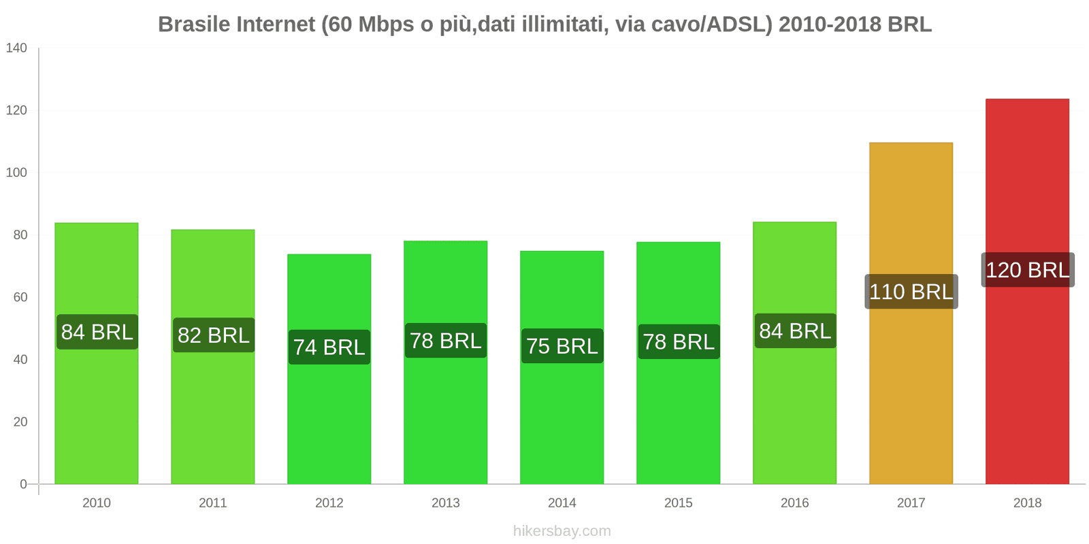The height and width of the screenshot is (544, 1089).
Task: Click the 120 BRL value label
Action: pyautogui.click(x=1027, y=270)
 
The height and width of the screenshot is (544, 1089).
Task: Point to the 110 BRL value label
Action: pyautogui.click(x=911, y=292)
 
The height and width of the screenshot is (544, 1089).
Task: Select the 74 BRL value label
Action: pyautogui.click(x=329, y=347)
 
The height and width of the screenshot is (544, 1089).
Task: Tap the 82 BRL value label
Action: pyautogui.click(x=213, y=335)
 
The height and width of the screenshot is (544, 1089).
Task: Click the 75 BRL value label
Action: pyautogui.click(x=562, y=346)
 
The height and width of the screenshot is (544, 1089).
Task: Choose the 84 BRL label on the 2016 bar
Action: pyautogui.click(x=794, y=331)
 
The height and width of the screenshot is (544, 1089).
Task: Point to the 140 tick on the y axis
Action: pyautogui.click(x=16, y=48)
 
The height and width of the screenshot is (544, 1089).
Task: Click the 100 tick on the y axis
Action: pyautogui.click(x=16, y=173)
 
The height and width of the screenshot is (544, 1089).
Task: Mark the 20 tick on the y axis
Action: pyautogui.click(x=20, y=422)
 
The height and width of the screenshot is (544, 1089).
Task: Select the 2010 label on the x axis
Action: pyautogui.click(x=96, y=503)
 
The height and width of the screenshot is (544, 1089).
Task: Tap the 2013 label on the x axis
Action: pyautogui.click(x=445, y=503)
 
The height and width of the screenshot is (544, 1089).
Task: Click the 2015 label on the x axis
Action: pyautogui.click(x=678, y=503)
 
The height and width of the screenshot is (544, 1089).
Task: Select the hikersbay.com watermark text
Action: pyautogui.click(x=562, y=531)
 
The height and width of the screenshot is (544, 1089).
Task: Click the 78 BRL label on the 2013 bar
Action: pyautogui.click(x=445, y=341)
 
